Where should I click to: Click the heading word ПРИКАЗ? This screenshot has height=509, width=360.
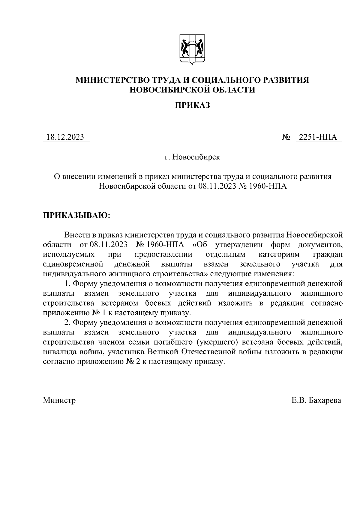(x=192, y=105)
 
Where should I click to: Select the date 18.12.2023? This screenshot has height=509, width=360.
(x=65, y=137)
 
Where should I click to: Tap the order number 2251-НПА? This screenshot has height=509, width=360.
(x=318, y=137)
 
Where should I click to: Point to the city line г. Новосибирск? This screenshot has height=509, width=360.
(x=192, y=157)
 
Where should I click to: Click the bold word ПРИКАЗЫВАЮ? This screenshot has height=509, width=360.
(x=77, y=215)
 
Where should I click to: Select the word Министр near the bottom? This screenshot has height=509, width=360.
(x=59, y=400)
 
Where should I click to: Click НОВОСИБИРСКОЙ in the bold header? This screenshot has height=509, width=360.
(x=169, y=90)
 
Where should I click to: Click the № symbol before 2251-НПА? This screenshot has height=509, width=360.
(x=286, y=137)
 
